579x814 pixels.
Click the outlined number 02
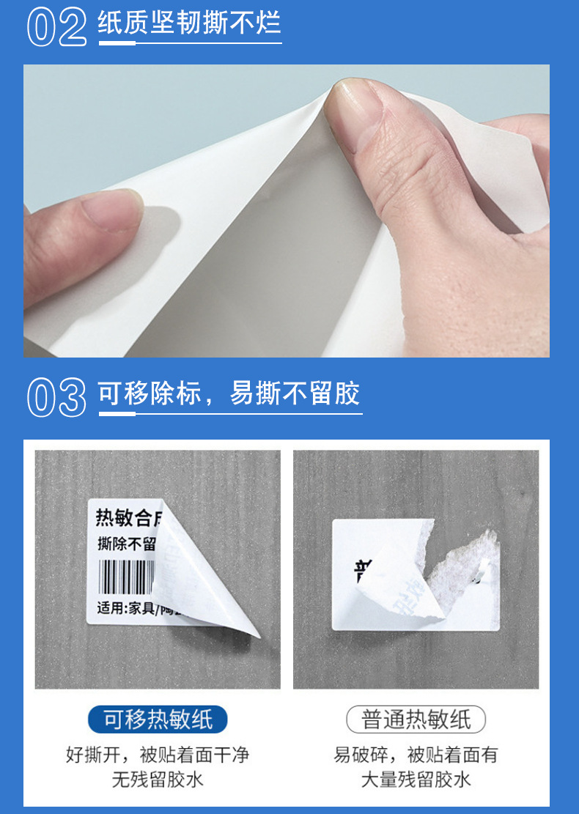click(57, 27)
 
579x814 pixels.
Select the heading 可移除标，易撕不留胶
click(229, 394)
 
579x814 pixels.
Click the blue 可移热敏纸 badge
click(158, 720)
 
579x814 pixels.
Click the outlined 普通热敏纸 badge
click(416, 720)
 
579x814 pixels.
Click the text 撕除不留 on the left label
click(126, 544)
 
